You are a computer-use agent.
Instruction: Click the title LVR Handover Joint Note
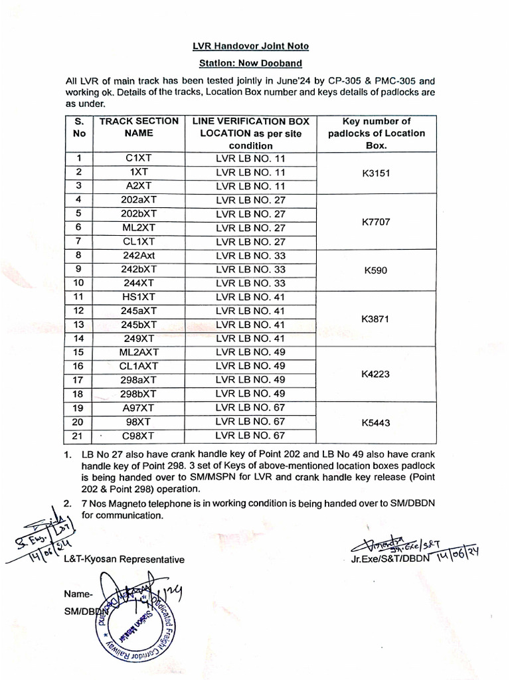251,46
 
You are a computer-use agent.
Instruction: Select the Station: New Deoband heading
251,63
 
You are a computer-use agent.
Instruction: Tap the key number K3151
376,173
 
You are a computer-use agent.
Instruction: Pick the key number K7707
376,221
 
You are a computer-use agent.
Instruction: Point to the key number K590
376,270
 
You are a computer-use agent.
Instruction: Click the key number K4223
376,374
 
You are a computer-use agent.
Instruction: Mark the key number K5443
376,422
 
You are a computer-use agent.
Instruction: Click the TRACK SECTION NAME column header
139,127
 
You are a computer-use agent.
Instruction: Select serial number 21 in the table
79,436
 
